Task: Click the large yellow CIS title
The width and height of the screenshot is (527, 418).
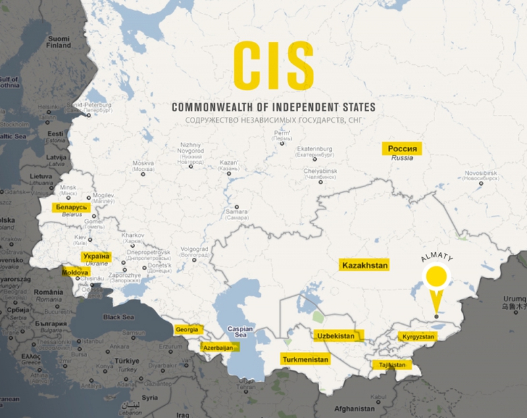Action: click(x=273, y=66)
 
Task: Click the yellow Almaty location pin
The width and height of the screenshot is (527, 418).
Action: click(x=436, y=278)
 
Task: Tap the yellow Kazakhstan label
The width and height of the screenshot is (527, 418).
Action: click(x=365, y=266)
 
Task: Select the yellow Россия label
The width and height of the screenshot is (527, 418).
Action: click(x=402, y=149)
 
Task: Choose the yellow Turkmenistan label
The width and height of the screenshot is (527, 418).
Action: click(x=306, y=359)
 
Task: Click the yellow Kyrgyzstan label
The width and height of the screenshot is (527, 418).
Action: click(x=416, y=336)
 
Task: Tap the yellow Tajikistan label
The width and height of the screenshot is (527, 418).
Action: click(x=392, y=365)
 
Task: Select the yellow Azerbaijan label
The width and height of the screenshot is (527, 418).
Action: click(x=219, y=347)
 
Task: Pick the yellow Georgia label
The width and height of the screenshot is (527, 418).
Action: click(x=187, y=330)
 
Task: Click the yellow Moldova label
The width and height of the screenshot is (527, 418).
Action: click(x=75, y=272)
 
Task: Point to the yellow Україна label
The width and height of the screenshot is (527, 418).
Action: click(x=95, y=256)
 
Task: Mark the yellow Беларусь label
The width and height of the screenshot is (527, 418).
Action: click(x=72, y=206)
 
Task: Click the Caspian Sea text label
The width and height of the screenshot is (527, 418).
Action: click(x=243, y=332)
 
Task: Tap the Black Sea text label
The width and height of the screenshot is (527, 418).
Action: click(x=119, y=317)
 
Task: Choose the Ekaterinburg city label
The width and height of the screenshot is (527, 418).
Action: click(x=316, y=149)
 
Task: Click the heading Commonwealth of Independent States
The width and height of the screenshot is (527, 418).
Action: click(x=273, y=107)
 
